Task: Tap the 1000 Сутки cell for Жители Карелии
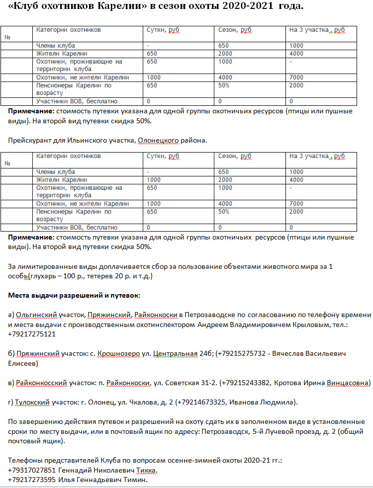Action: pos(154,179)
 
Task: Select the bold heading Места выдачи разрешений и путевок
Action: pos(75,295)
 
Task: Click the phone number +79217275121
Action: pos(32,334)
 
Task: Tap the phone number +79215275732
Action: pos(242,354)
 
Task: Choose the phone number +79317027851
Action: pos(32,470)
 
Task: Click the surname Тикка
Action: pos(150,470)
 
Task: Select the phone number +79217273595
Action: pos(32,480)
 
